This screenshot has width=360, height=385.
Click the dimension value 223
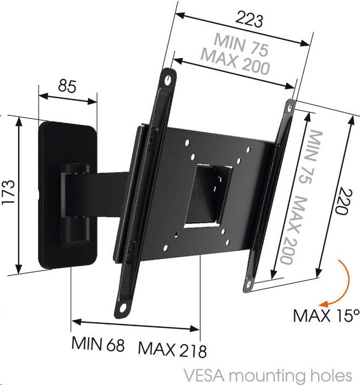[249, 20]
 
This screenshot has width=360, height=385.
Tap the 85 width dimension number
[67, 86]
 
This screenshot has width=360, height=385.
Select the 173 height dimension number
[8, 193]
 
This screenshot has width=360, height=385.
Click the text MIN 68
[98, 344]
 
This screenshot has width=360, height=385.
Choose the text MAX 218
[172, 349]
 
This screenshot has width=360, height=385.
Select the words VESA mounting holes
[268, 376]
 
